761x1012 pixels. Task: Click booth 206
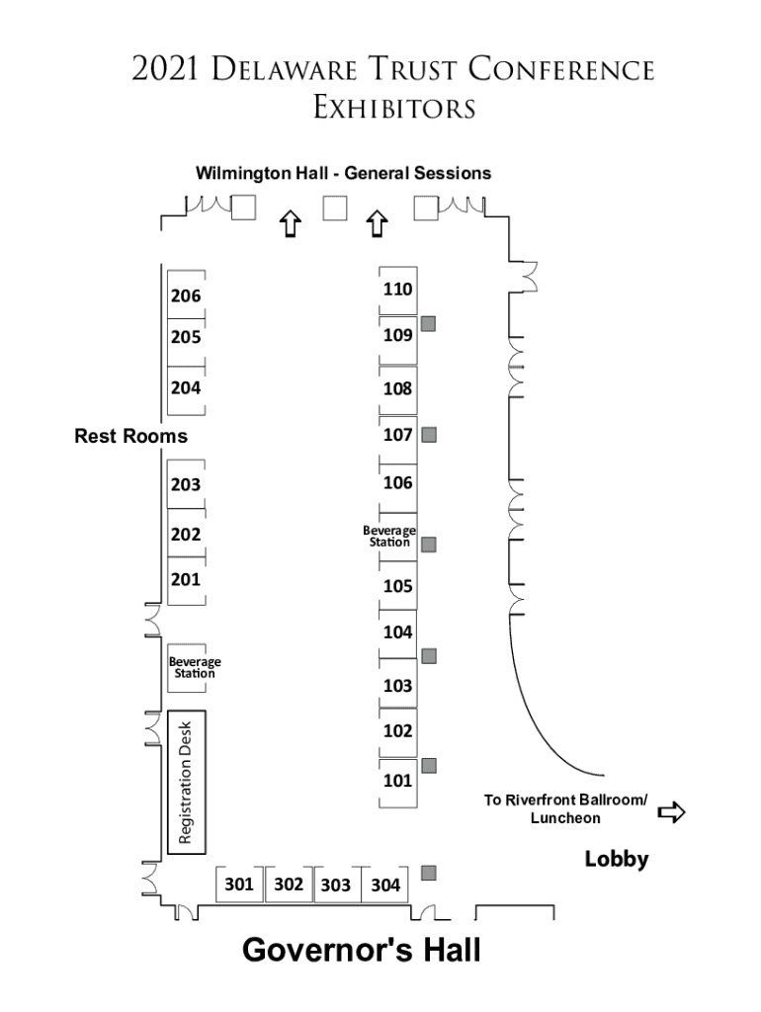pos(186,295)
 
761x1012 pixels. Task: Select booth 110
pos(397,289)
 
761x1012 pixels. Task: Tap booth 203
pos(186,484)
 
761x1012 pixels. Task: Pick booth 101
pos(397,781)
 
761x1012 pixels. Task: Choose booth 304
pos(385,885)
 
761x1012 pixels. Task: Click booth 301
pos(239,884)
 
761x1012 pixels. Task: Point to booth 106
pos(397,482)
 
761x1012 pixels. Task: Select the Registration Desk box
pos(186,781)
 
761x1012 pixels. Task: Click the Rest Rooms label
pos(130,435)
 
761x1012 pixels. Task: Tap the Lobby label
pos(617,859)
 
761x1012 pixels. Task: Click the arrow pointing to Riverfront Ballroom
pos(672,812)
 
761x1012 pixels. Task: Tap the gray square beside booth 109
pos(429,323)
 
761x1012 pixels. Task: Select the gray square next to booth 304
pos(429,873)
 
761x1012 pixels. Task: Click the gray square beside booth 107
pos(429,434)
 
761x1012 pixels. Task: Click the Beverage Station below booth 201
pos(194,667)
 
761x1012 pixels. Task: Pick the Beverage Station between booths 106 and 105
pos(389,536)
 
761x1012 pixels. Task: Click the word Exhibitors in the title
pos(394,107)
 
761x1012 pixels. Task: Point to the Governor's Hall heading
pos(362,951)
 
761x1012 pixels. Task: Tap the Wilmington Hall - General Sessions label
pos(343,173)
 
